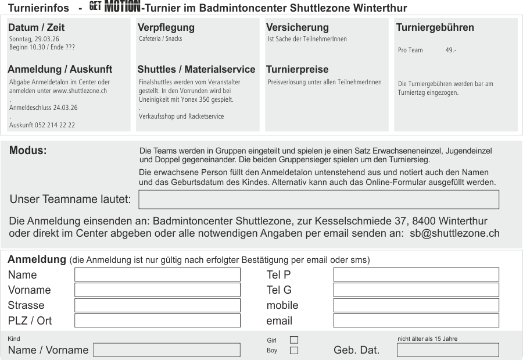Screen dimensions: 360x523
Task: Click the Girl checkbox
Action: (x=293, y=340)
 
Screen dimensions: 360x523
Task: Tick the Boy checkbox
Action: (x=293, y=350)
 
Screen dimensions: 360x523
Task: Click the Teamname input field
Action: (x=318, y=199)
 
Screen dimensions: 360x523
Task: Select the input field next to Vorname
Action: (x=157, y=290)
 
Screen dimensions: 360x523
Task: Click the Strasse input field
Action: (x=157, y=305)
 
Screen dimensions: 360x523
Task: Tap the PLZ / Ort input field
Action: (x=157, y=320)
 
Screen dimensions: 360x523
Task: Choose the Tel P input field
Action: (x=415, y=275)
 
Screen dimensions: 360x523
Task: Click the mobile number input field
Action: (x=415, y=305)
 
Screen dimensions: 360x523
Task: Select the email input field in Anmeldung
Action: (x=415, y=320)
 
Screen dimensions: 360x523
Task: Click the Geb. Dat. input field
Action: (x=447, y=350)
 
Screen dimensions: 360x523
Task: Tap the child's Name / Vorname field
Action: (x=167, y=350)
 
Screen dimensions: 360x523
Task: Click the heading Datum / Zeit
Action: (x=37, y=27)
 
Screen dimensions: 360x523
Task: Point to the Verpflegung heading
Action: (x=166, y=27)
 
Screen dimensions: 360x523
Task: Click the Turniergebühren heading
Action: (x=435, y=27)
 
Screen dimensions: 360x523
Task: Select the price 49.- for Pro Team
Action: (x=451, y=51)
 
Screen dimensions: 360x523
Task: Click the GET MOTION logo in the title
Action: (x=115, y=8)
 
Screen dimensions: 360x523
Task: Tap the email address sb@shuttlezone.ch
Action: (x=450, y=233)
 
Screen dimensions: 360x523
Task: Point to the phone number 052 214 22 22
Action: (x=55, y=125)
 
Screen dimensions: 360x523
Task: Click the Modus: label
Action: (x=28, y=151)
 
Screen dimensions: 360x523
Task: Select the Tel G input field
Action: (x=415, y=290)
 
